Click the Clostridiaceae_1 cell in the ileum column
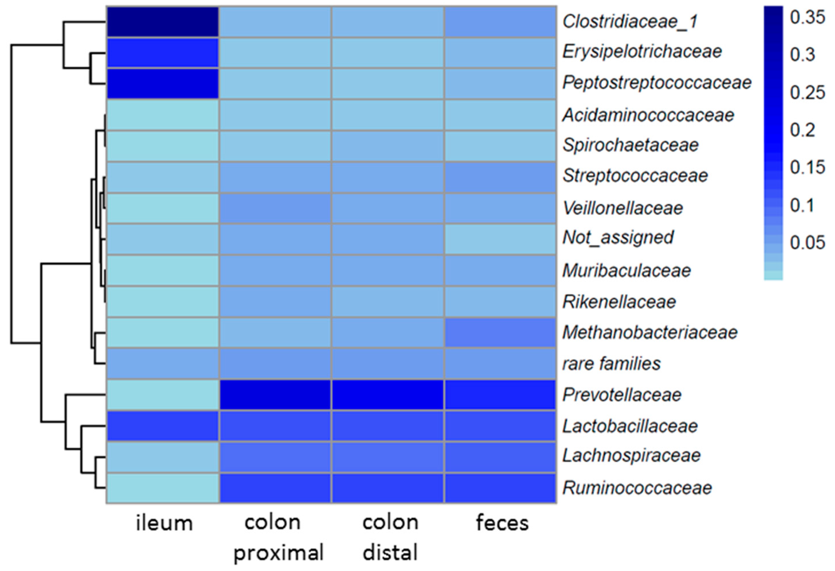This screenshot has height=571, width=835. (162, 21)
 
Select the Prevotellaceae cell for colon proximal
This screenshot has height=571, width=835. (275, 395)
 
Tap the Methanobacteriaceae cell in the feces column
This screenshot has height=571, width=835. (500, 333)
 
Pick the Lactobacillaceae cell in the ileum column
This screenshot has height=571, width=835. (162, 426)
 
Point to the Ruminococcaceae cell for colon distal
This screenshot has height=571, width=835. (387, 488)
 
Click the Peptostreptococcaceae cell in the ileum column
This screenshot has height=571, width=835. (162, 83)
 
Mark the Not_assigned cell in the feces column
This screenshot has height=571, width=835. (500, 239)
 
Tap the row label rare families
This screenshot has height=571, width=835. (611, 364)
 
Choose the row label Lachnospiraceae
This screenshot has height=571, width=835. (631, 456)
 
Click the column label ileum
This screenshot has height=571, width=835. (164, 523)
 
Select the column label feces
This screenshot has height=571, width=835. (502, 523)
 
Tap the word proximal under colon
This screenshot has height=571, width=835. (279, 553)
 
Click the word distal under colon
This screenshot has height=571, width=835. (390, 553)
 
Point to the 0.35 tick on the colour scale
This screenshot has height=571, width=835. (807, 17)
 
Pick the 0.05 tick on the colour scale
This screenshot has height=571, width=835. (807, 243)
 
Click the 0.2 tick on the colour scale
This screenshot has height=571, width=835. (802, 130)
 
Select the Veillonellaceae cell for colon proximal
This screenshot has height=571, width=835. (275, 208)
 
